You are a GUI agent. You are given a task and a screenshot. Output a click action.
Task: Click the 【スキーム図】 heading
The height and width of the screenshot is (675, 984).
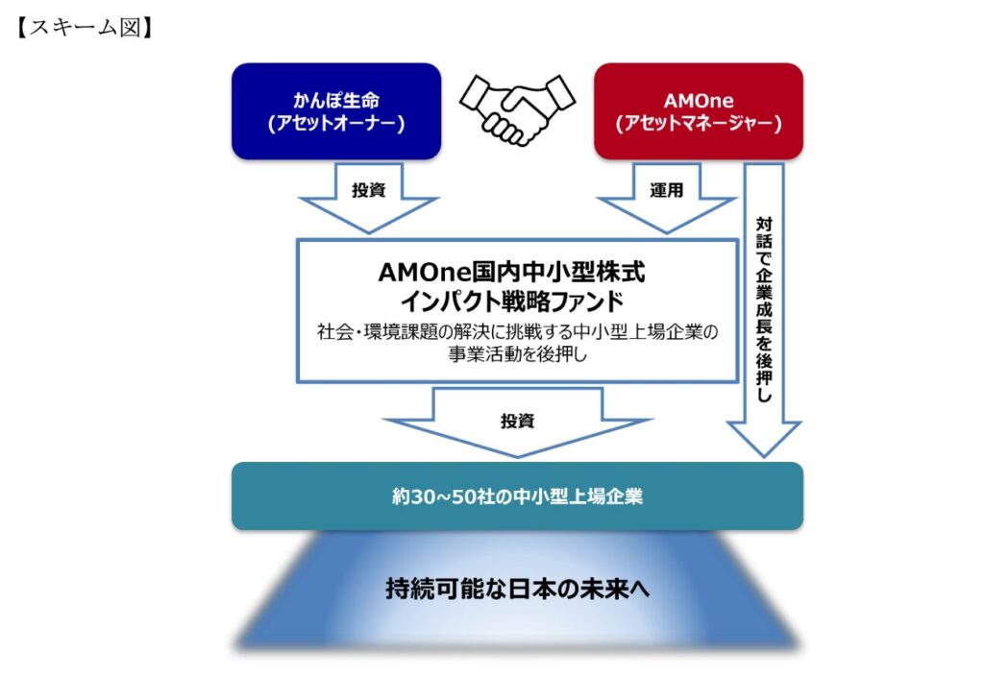coord(86,28)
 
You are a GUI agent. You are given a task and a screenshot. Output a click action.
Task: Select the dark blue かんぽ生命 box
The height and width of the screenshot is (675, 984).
coord(336,110)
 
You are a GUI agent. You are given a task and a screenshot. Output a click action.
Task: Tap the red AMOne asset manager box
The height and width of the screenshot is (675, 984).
coord(699,110)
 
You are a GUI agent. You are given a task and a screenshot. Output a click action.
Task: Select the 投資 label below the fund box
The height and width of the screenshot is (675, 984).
coord(517,420)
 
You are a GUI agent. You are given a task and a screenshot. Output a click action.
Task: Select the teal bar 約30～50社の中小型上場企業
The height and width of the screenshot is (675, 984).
coord(517,496)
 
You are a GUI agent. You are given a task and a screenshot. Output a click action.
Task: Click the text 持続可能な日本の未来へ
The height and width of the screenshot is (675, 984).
coord(517,589)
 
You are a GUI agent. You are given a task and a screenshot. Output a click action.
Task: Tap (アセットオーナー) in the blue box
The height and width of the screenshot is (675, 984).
coord(336,124)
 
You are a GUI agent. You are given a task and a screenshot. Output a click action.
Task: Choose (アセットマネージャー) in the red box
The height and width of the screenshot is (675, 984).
coord(699,124)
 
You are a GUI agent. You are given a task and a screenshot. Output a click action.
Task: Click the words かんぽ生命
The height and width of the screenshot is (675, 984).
coord(336,99)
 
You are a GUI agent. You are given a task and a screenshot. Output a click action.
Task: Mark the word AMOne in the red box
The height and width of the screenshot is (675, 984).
coord(699,99)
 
